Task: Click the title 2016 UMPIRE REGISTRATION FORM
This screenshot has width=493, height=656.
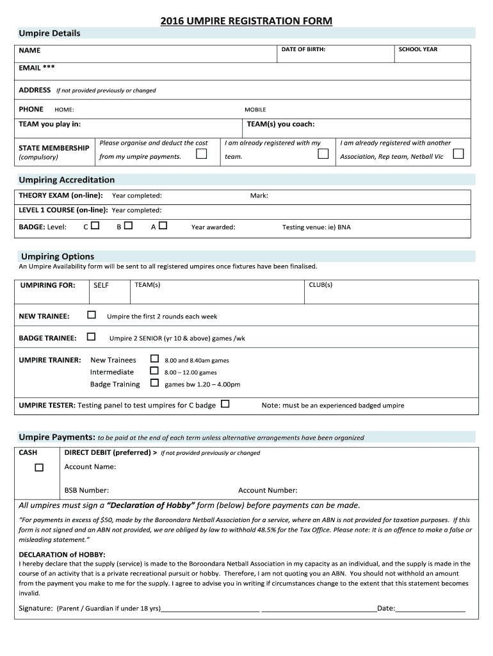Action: tap(247, 21)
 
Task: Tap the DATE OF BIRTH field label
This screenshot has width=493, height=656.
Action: tap(303, 49)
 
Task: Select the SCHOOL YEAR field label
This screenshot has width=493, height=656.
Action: tap(417, 49)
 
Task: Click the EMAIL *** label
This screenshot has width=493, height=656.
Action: tap(36, 67)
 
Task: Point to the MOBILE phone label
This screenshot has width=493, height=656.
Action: tap(255, 110)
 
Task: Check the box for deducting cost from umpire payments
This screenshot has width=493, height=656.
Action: tap(202, 154)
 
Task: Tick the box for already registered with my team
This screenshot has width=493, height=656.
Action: tap(323, 154)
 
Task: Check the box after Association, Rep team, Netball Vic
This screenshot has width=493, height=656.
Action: tap(458, 154)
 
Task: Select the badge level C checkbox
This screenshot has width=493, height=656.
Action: tap(95, 225)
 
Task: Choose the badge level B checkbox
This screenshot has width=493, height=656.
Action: tap(128, 225)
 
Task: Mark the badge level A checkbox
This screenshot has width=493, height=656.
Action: tap(163, 225)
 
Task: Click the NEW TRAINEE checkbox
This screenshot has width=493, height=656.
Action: tap(92, 315)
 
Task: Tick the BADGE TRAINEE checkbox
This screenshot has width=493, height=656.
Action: tap(92, 336)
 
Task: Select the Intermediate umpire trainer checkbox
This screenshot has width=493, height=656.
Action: tap(154, 371)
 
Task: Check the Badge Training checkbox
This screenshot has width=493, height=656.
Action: tap(154, 383)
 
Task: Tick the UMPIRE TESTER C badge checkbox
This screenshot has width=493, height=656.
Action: tap(225, 404)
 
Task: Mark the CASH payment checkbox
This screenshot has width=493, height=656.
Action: tap(39, 468)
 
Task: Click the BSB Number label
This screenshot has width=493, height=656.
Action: tap(86, 490)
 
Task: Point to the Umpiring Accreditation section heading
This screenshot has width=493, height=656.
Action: tap(67, 180)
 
